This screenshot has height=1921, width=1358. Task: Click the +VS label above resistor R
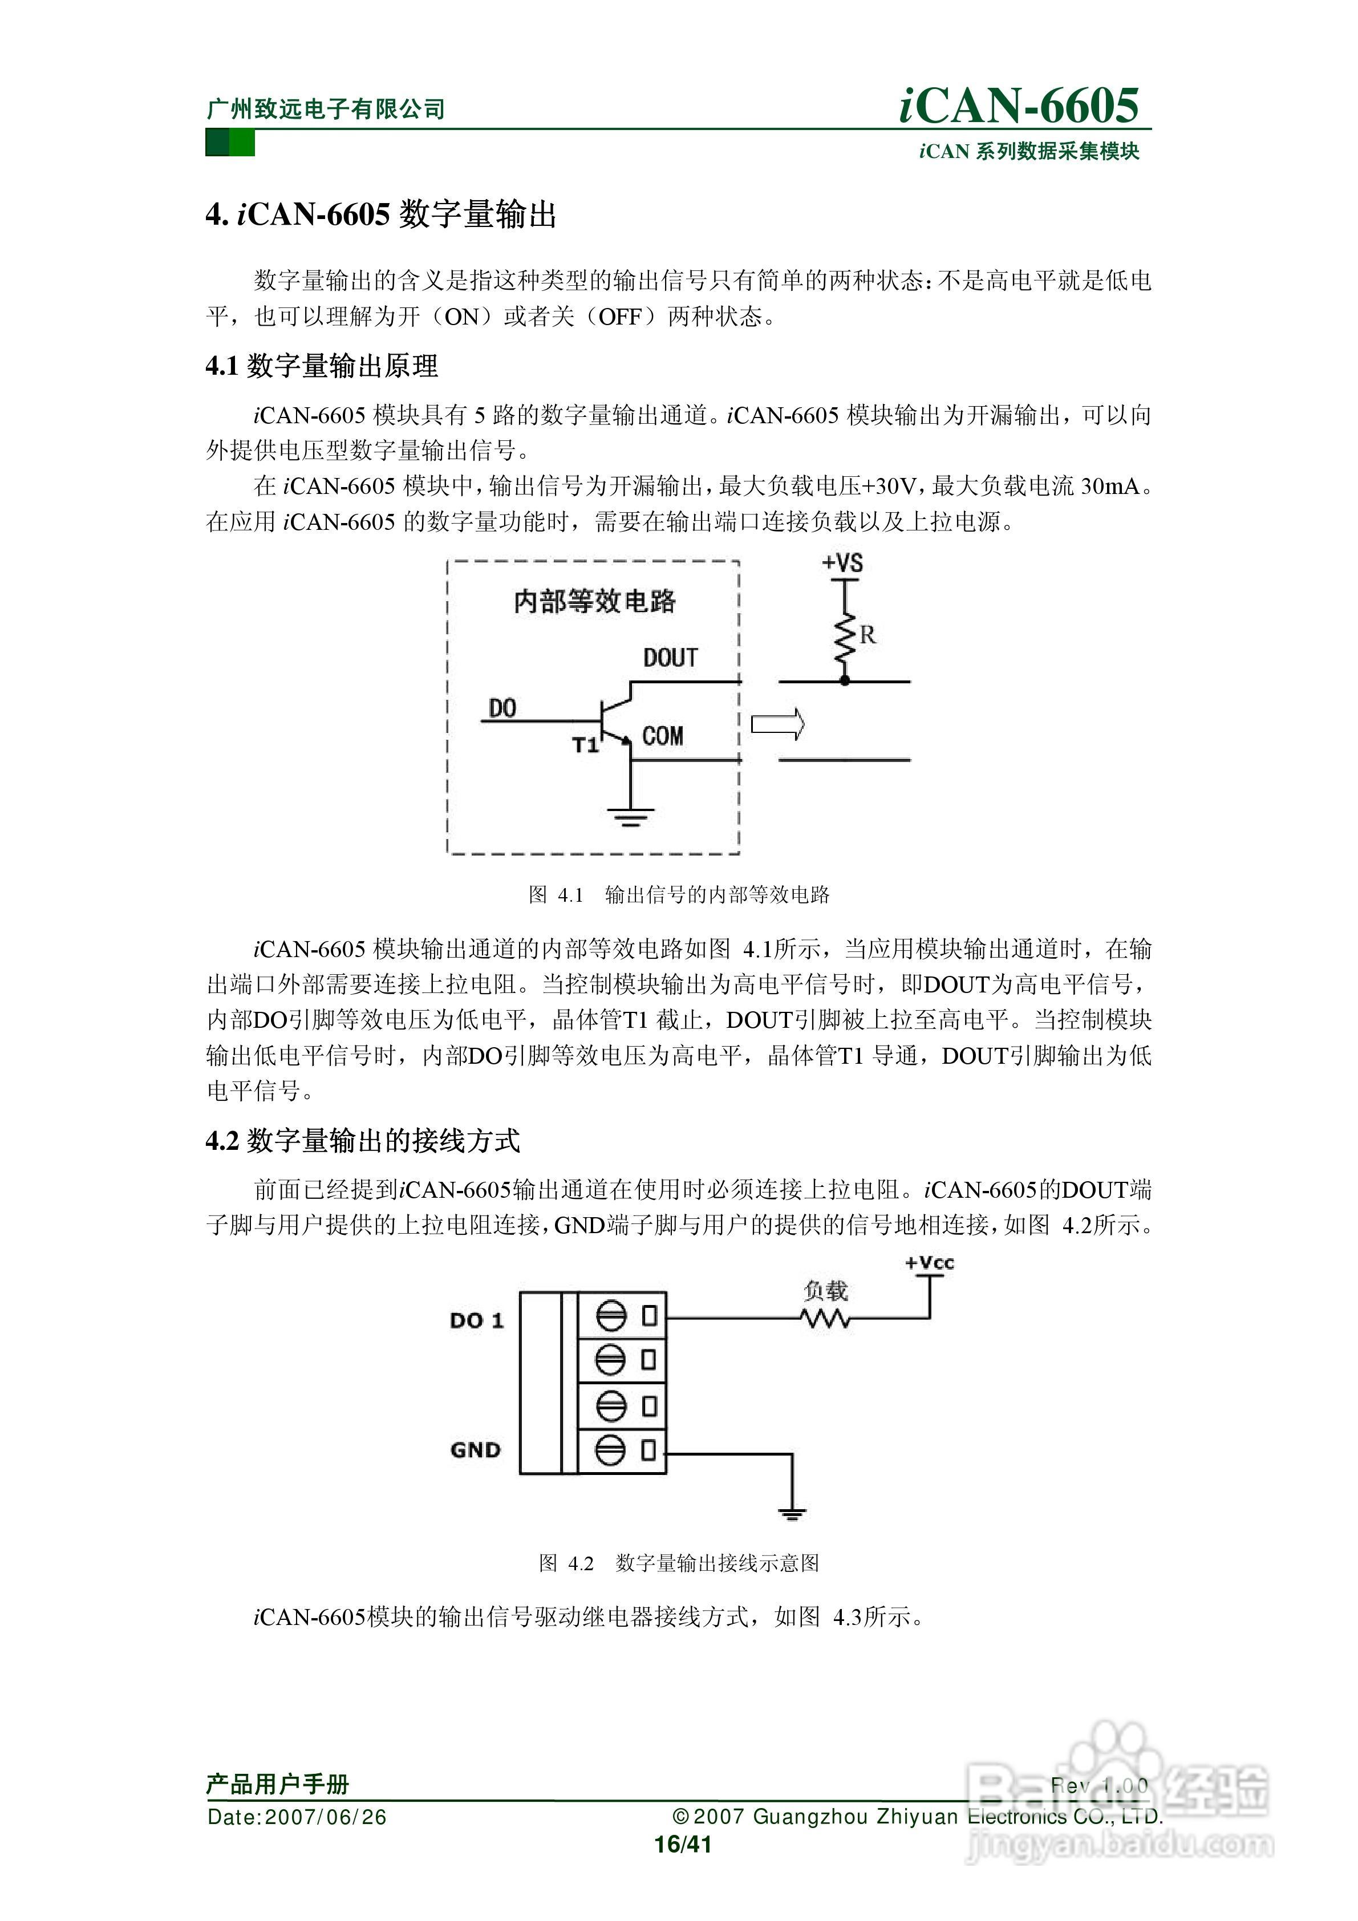pos(842,563)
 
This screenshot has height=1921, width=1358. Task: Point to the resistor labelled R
pos(846,638)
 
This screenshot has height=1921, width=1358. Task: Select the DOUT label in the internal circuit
pos(670,658)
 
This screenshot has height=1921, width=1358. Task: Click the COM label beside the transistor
pos(663,736)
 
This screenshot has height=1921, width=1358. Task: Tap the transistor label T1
pos(586,744)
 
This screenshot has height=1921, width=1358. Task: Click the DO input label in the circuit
pos(502,708)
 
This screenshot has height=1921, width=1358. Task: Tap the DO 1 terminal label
pos(477,1320)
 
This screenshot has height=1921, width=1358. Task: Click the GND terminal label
pos(475,1449)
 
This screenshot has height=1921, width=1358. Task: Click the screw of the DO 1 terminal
pos(611,1316)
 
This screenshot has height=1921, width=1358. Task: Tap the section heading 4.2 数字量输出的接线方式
pos(363,1140)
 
